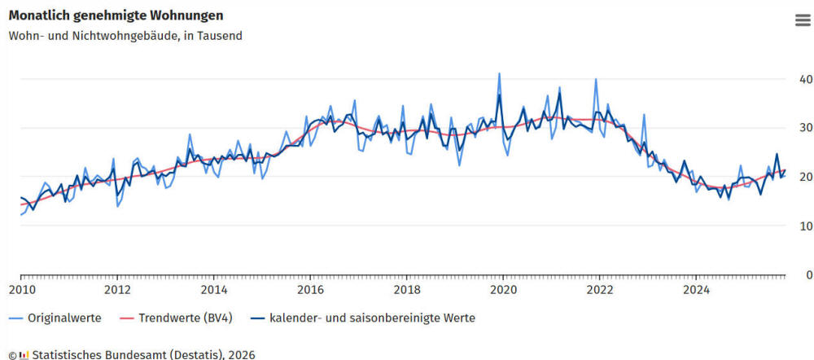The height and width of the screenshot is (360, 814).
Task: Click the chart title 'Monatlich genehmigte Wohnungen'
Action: [116, 15]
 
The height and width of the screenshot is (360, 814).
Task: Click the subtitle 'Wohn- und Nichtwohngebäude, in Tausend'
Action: [125, 36]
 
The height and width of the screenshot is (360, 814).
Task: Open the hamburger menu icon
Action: [803, 21]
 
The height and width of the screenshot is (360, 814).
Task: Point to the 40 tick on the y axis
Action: [806, 79]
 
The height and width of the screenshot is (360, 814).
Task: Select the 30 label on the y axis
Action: [806, 128]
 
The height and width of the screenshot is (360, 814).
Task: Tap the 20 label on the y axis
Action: [806, 177]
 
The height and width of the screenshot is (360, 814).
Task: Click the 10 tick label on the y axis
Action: [806, 226]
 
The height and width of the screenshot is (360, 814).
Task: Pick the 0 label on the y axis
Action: [808, 274]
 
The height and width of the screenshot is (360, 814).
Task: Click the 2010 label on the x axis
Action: [21, 289]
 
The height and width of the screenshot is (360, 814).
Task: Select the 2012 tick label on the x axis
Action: [117, 289]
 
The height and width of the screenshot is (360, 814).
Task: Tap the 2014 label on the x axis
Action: [214, 289]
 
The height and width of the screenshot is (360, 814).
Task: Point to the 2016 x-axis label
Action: [310, 289]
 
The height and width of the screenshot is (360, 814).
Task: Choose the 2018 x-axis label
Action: [407, 289]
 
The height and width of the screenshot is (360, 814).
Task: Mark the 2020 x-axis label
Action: [503, 289]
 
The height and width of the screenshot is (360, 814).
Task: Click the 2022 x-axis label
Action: [600, 289]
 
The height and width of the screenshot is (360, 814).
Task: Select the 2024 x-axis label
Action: [696, 289]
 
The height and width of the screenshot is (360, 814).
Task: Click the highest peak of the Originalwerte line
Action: [499, 73]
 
